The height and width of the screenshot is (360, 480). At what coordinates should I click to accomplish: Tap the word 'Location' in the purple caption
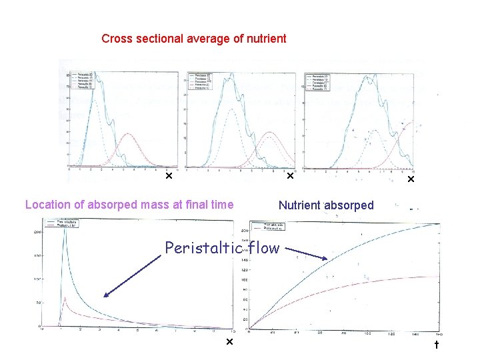(x=47, y=205)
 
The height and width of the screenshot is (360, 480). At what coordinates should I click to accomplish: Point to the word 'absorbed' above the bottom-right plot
(x=350, y=205)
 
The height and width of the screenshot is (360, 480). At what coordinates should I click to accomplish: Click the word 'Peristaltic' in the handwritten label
(x=203, y=249)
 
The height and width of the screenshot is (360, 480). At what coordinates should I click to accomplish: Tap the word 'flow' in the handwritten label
(x=263, y=249)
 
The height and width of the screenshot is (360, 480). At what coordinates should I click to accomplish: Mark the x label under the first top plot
(x=169, y=177)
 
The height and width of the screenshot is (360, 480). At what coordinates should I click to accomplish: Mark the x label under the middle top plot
(x=290, y=177)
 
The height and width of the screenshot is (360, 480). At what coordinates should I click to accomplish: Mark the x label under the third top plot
(x=411, y=179)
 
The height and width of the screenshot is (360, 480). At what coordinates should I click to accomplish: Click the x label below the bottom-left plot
(x=229, y=342)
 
